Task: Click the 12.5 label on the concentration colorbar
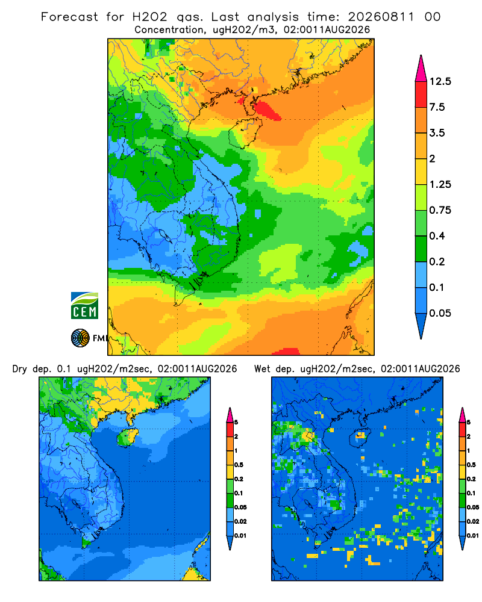[x=440, y=81]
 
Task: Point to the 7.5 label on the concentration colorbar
[x=437, y=107]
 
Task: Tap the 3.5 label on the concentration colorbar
[x=437, y=133]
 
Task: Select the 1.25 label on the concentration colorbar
[x=440, y=184]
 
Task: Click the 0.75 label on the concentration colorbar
[x=440, y=210]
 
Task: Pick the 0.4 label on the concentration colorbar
[x=437, y=236]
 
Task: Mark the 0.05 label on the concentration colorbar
[x=440, y=313]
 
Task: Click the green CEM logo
[x=84, y=306]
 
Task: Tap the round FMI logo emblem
[x=80, y=338]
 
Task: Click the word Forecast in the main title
[x=69, y=17]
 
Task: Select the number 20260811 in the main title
[x=381, y=17]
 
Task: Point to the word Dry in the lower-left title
[x=20, y=369]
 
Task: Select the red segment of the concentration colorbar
[x=421, y=95]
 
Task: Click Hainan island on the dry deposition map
[x=128, y=437]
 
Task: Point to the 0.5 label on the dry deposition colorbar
[x=239, y=465]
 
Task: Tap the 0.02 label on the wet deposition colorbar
[x=473, y=521]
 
